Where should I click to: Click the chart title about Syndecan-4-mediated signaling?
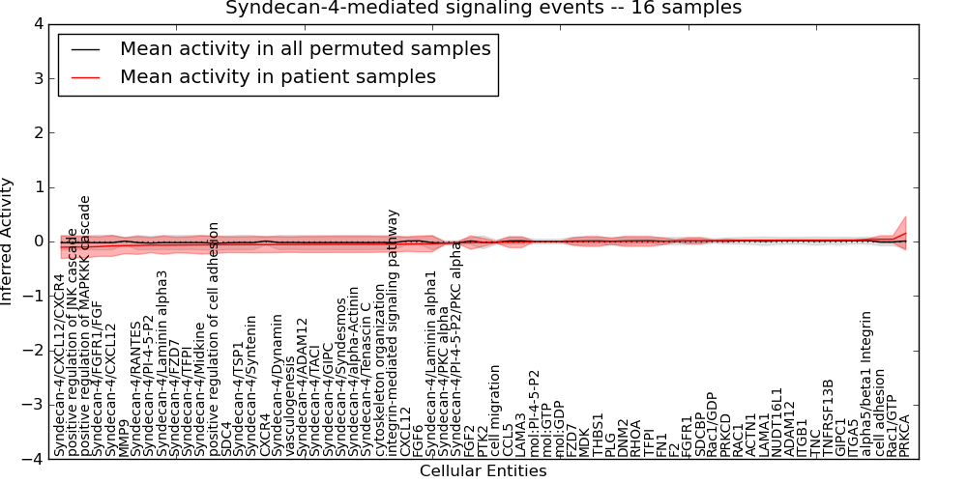(483, 9)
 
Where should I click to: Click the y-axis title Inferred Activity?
(9, 241)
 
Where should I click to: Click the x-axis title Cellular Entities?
(483, 471)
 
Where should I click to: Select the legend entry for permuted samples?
(305, 48)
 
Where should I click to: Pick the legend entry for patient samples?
(278, 76)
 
